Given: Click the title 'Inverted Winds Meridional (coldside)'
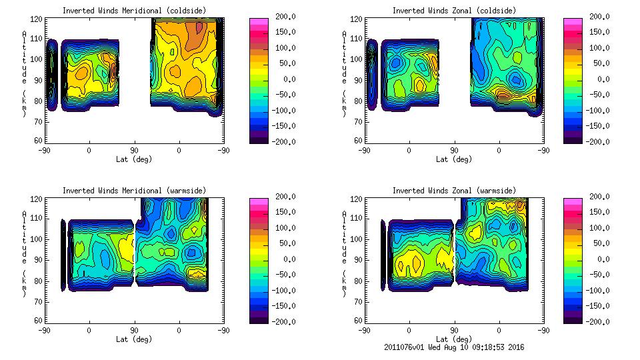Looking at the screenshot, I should [134, 11].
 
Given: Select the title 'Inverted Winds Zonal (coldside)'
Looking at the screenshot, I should [454, 11].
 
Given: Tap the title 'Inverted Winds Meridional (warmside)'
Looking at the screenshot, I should [134, 191].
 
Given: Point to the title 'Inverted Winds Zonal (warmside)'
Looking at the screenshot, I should [454, 191].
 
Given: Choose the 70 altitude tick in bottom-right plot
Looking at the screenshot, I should [358, 301].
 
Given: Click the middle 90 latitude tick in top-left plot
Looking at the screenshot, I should [134, 151].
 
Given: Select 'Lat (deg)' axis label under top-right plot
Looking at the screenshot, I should [454, 159].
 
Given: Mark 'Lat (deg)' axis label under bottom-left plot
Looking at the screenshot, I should [134, 339].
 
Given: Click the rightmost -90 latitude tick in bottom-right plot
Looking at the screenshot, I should [545, 331].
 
